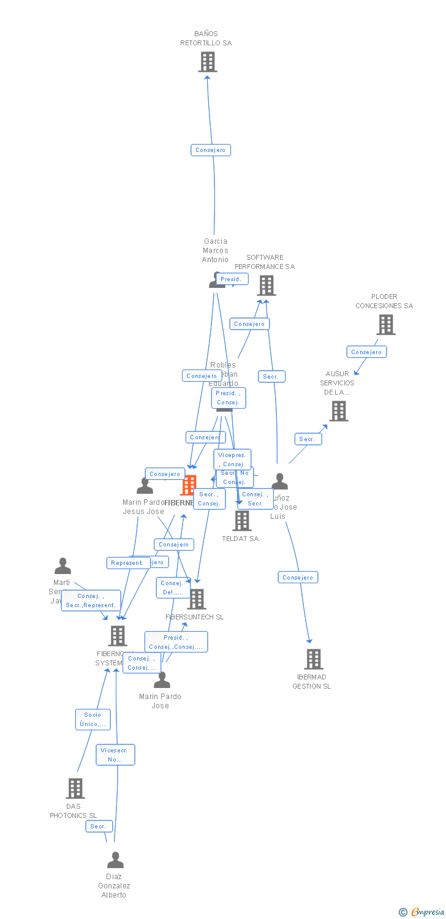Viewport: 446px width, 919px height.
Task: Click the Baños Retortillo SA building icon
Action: point(208,62)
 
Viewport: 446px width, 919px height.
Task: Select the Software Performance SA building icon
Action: point(266,286)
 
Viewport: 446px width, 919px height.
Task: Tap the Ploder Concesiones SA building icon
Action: point(385,325)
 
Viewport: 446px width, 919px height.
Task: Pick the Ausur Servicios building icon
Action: point(339,411)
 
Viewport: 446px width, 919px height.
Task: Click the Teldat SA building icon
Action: point(242,521)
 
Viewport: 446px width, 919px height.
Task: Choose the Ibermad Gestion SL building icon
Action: point(313,659)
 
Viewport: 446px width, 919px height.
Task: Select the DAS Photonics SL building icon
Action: point(75,789)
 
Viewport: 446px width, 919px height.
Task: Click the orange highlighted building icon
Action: point(188,485)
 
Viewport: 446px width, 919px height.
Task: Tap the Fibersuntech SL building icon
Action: point(197,599)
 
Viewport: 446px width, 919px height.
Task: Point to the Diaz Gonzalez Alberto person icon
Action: point(115,861)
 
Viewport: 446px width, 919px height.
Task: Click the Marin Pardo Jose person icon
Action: point(162,680)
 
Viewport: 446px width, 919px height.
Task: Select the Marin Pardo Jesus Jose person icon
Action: point(145,486)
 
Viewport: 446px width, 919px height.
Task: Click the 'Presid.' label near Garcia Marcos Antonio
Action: point(231,279)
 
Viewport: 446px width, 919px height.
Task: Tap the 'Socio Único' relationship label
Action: point(93,719)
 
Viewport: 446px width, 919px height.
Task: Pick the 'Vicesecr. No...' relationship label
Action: point(115,755)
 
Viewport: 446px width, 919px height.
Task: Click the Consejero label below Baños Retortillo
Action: point(211,150)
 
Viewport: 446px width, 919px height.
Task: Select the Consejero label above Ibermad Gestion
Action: point(298,577)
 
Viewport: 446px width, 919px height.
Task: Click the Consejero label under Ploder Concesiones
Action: point(366,352)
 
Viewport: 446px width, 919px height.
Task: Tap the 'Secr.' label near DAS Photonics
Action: point(99,826)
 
